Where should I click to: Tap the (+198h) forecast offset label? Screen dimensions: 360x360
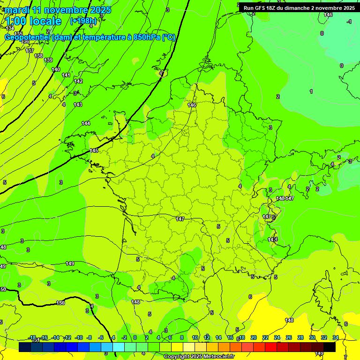pos(83,21)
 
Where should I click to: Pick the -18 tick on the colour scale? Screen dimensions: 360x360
pos(32,337)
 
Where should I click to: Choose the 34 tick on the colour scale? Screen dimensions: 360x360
pos(335,337)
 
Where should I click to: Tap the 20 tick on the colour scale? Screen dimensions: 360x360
pos(254,337)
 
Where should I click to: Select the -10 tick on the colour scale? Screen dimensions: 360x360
pos(79,337)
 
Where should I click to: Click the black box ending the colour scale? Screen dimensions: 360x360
pos(329,347)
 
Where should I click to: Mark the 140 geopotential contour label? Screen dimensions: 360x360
pos(56,69)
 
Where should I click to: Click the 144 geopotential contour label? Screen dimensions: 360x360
pos(86,123)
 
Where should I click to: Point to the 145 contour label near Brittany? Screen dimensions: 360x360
pos(94,150)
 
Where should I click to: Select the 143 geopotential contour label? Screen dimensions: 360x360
pos(78,105)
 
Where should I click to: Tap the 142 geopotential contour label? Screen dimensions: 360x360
pos(78,81)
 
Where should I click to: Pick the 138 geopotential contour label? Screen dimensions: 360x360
pos(39,56)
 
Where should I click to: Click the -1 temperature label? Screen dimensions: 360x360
pos(349,22)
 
